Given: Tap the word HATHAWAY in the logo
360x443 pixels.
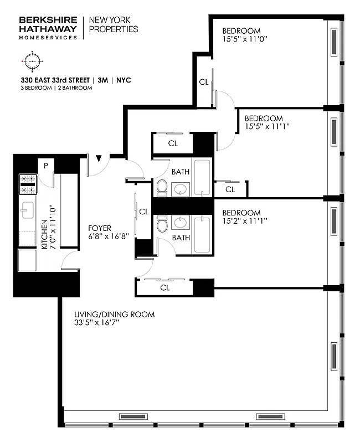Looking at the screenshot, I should click(x=48, y=28).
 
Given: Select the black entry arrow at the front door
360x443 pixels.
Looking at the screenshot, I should click(x=99, y=159).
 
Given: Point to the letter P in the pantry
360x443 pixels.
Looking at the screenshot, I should click(x=46, y=164).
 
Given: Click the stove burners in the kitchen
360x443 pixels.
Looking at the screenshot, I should click(x=28, y=184).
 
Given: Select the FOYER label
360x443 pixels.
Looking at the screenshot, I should click(x=100, y=228).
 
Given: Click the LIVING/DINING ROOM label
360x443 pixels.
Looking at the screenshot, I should click(x=114, y=315).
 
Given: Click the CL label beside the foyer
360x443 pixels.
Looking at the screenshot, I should click(x=144, y=212).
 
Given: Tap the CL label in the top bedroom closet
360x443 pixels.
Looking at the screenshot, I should click(x=203, y=82).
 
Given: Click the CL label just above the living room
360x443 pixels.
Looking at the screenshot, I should click(x=164, y=288).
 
